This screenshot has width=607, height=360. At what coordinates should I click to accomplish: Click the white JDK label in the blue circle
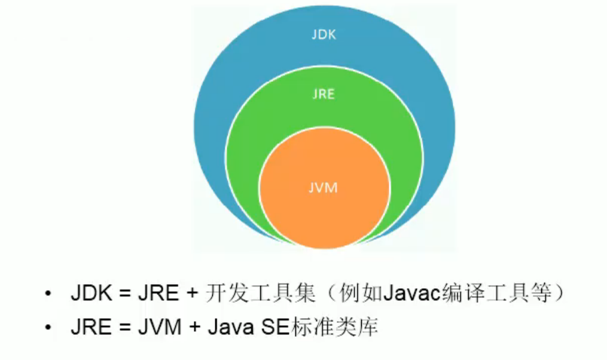[324, 35]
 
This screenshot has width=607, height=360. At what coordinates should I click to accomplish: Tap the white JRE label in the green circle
[324, 94]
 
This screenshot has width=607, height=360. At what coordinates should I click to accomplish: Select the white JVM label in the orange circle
[324, 188]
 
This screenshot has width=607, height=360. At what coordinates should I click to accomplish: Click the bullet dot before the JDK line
[48, 293]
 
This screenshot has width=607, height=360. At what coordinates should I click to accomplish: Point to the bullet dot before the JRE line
[48, 328]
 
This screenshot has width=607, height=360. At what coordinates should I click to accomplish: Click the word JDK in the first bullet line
[91, 293]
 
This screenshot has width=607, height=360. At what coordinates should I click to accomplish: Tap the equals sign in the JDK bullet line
[124, 294]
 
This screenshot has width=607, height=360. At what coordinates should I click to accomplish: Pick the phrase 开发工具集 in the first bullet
[260, 293]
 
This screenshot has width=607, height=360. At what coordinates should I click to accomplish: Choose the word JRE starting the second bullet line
[91, 328]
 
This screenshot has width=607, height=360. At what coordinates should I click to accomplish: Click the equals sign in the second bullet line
[124, 328]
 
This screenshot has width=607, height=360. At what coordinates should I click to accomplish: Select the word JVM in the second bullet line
[160, 328]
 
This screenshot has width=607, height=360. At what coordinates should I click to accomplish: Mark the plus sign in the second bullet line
[195, 328]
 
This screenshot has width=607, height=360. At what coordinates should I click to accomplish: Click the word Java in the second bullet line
[231, 328]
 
